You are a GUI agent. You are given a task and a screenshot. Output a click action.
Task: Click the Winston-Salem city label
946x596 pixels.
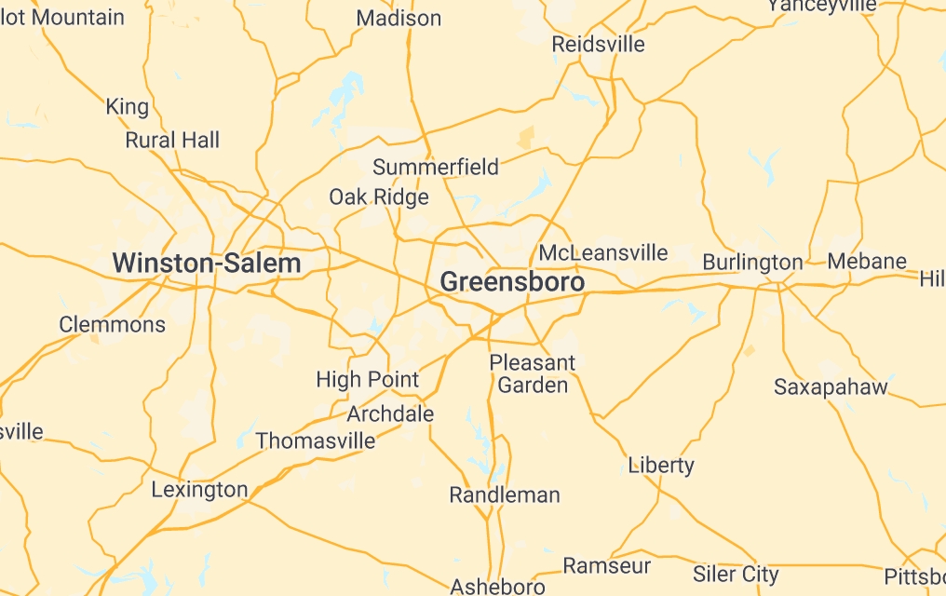[207, 264]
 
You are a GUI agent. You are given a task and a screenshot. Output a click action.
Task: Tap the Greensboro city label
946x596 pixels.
[512, 282]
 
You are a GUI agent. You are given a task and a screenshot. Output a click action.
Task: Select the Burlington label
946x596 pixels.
[752, 263]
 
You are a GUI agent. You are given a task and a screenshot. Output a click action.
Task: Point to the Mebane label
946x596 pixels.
[867, 261]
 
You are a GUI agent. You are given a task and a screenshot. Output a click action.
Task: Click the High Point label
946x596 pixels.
[368, 380]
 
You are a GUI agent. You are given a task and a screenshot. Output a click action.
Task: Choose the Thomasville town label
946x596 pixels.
[316, 440]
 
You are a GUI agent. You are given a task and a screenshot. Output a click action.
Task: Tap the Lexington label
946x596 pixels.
[199, 490]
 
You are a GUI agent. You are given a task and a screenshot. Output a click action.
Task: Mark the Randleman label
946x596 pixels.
[505, 495]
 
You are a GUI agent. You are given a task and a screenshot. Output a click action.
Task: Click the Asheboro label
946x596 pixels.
[497, 587]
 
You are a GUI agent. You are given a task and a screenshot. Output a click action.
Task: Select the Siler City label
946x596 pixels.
[736, 575]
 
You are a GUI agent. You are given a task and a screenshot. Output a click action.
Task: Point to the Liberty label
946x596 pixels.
[661, 465]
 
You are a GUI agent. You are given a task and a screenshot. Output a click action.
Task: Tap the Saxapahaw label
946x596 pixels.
[831, 387]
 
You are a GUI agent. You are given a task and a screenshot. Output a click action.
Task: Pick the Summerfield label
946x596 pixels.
[436, 168]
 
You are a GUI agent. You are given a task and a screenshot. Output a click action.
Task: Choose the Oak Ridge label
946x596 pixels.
[379, 197]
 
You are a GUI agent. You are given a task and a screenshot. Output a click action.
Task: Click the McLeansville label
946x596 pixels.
[603, 253]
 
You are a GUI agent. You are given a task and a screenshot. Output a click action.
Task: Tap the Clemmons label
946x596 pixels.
[112, 325]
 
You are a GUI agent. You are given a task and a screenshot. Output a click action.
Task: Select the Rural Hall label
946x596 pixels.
[172, 141]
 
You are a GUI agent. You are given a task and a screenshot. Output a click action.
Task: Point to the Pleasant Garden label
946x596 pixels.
[533, 373]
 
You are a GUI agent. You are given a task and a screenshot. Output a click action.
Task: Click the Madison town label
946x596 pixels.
[399, 19]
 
